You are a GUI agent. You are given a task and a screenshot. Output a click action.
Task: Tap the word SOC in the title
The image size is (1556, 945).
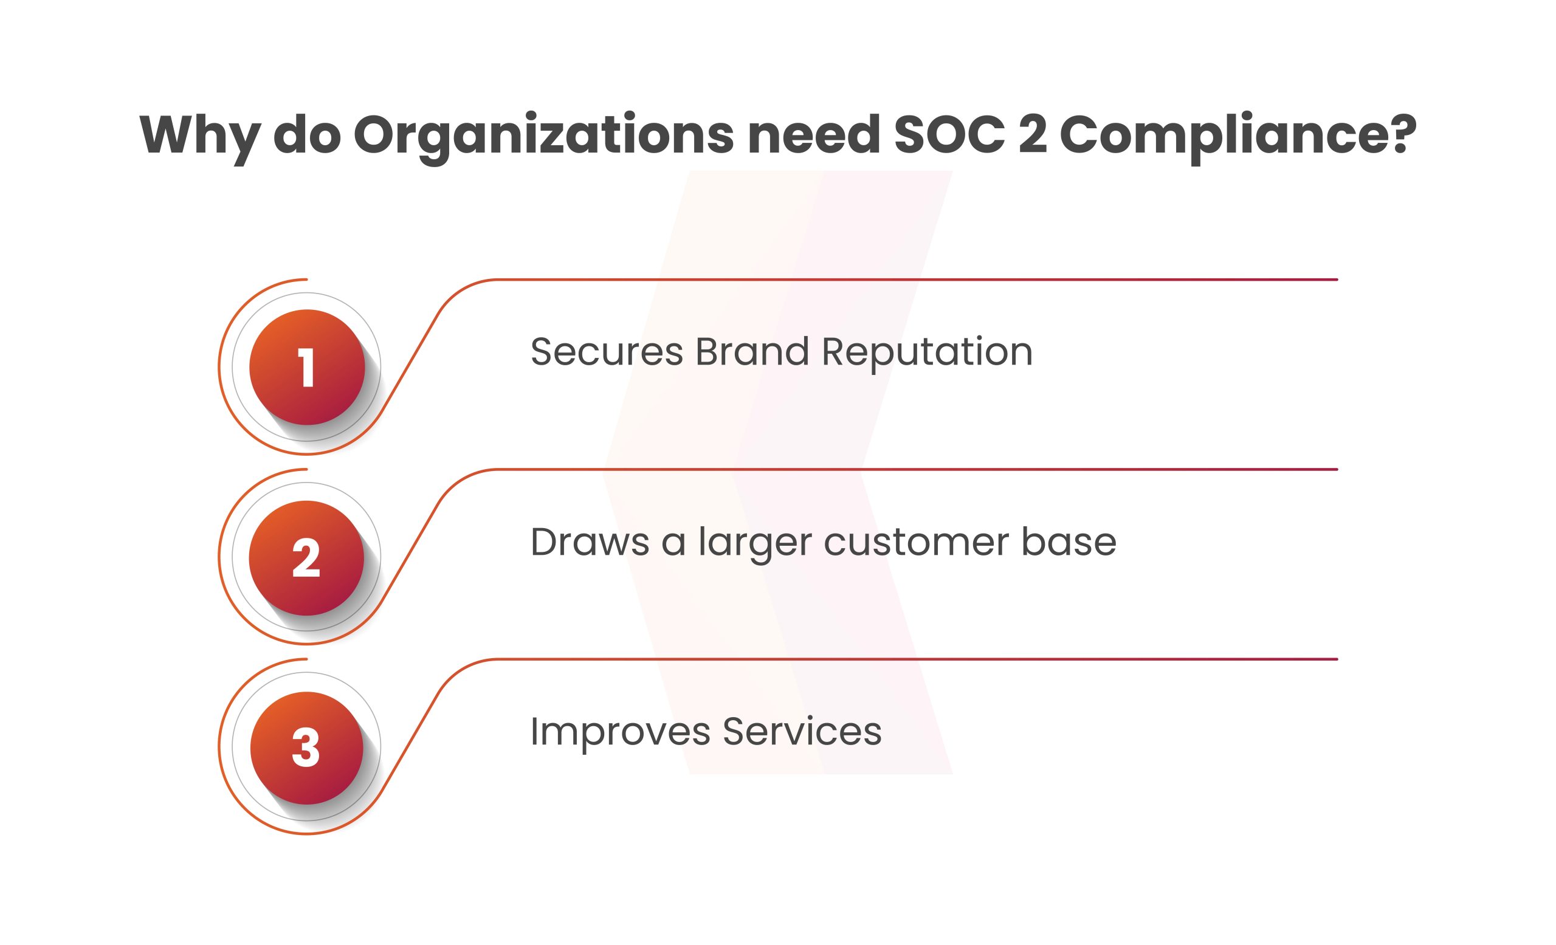pos(949,134)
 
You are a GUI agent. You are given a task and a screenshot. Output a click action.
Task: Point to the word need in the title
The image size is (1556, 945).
pos(814,134)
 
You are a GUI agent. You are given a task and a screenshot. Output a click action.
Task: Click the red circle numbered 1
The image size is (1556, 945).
pos(307,367)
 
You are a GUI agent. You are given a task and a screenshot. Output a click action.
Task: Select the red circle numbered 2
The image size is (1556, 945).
pos(306,558)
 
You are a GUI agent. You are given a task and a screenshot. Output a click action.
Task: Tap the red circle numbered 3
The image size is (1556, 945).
pos(307,748)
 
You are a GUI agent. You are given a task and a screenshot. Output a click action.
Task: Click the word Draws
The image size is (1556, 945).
pos(590,541)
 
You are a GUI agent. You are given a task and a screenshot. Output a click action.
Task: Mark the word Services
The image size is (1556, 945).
pos(802,732)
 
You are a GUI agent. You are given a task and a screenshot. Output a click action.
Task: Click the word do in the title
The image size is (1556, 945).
pos(307,134)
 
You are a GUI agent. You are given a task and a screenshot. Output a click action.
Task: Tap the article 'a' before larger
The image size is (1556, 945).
pos(674,543)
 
